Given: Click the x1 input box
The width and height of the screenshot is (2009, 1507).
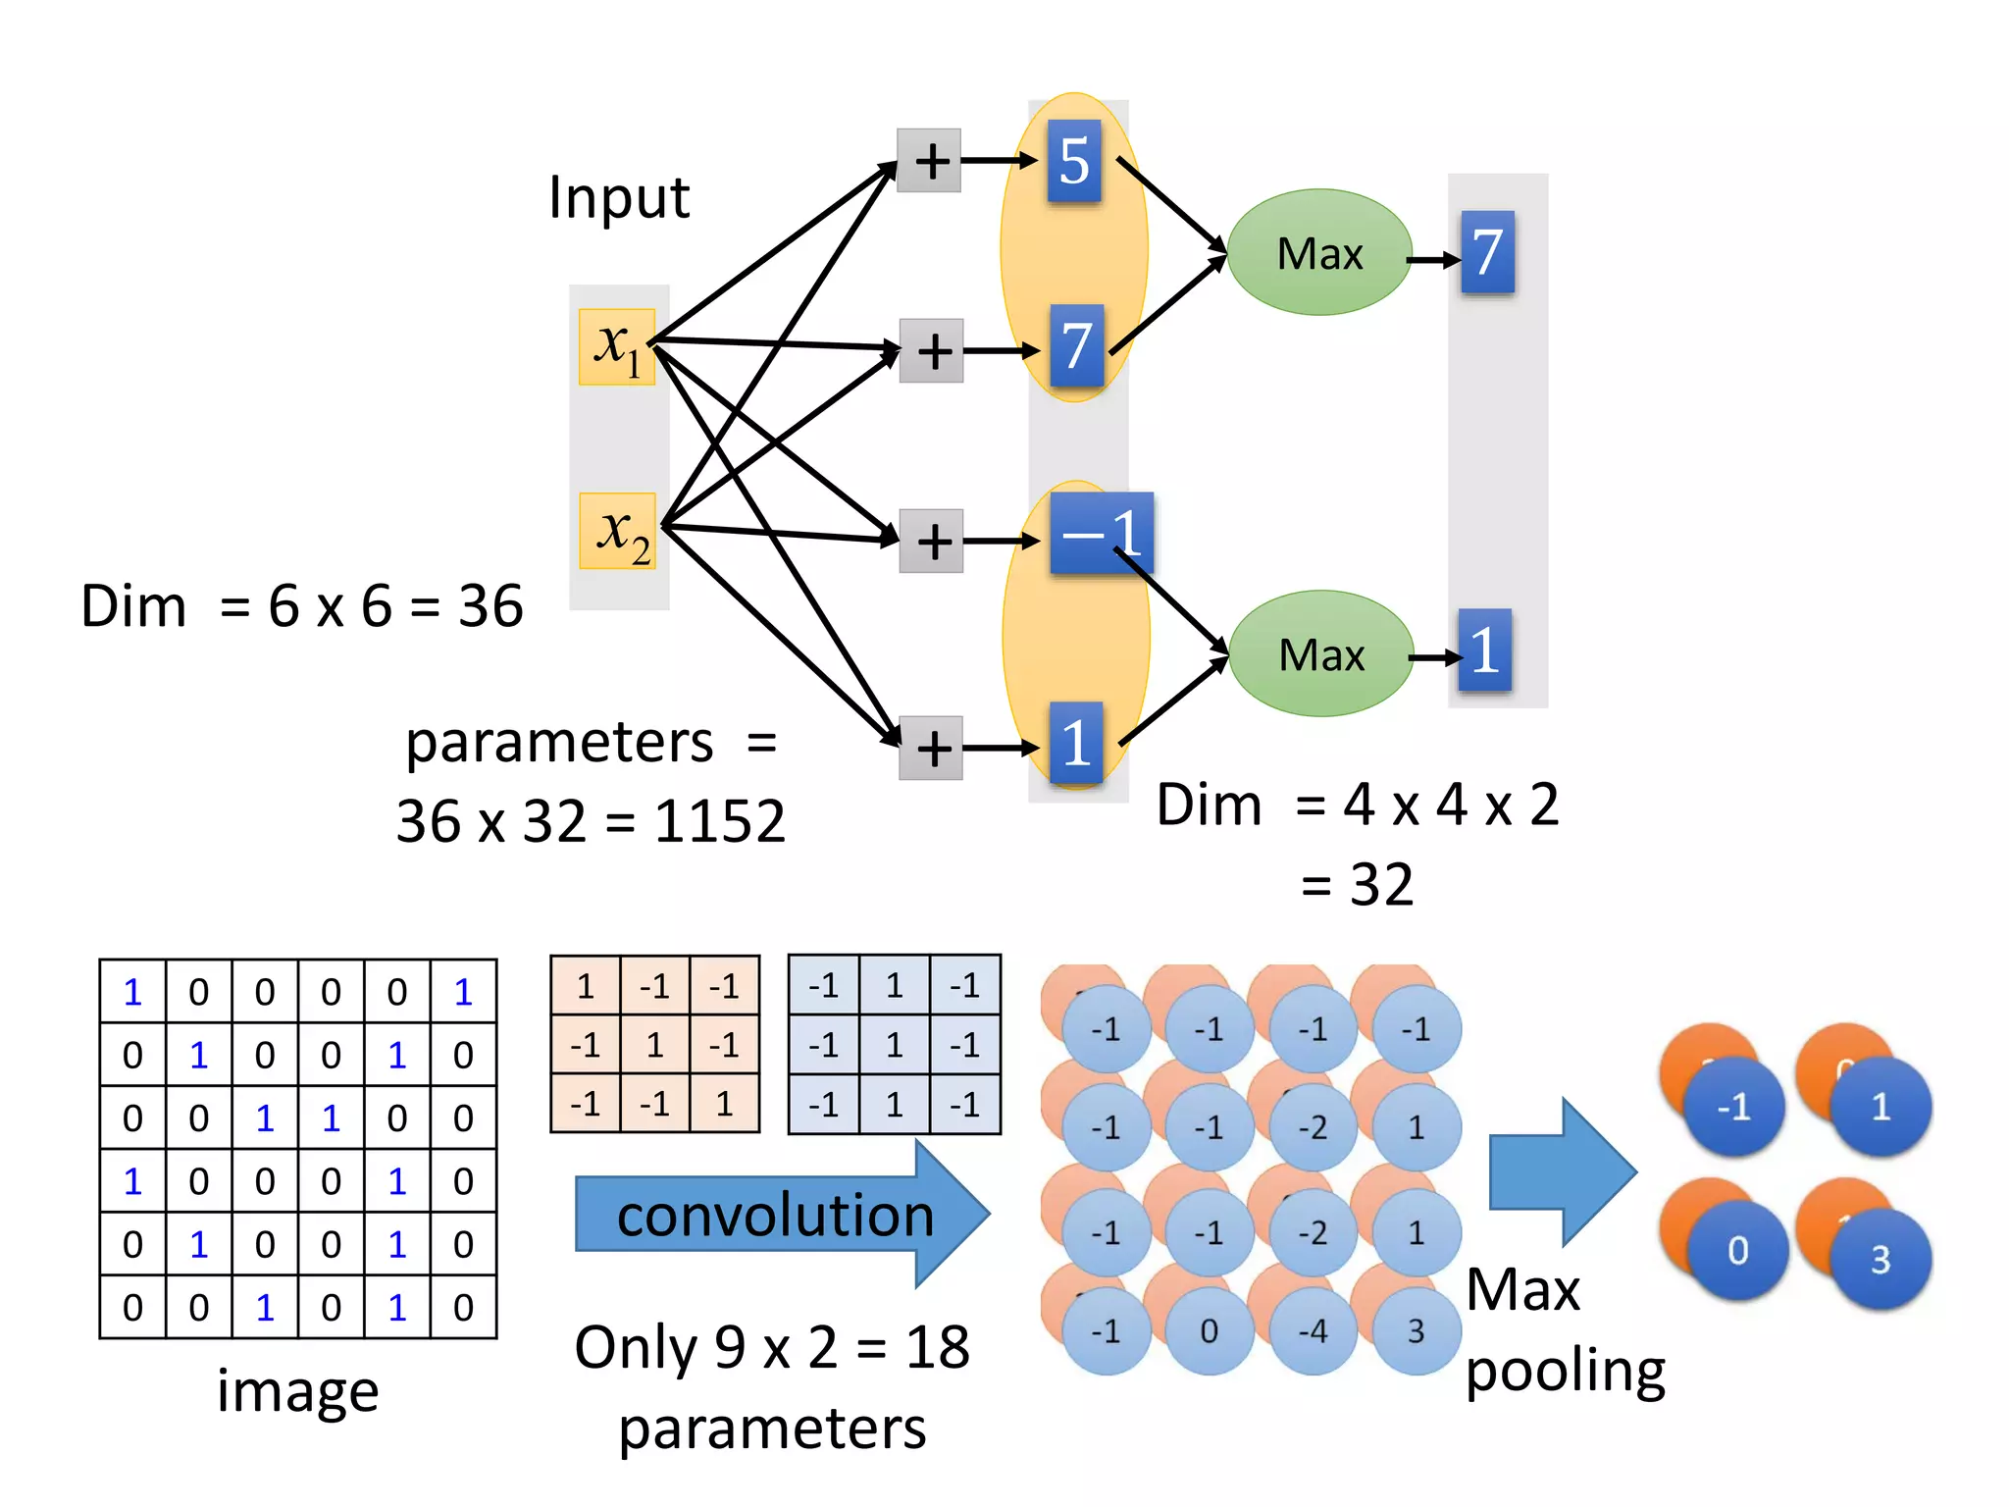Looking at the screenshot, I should tap(616, 346).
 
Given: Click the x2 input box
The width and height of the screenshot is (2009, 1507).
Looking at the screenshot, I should tap(617, 531).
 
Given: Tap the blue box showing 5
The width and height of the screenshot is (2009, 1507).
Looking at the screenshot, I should tap(1074, 161).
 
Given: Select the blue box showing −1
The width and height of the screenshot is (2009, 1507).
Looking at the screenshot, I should tap(1101, 533).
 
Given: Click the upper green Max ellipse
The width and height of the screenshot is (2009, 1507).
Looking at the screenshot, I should tap(1319, 253).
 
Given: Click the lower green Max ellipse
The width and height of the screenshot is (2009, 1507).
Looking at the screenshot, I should tap(1321, 654).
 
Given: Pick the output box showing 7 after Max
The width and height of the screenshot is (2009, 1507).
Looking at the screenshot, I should tap(1487, 253).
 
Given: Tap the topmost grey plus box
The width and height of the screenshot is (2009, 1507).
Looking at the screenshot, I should tap(929, 161).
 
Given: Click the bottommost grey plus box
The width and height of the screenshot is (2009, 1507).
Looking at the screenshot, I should tap(931, 749).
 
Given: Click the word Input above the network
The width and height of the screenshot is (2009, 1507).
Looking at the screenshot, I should tap(619, 198).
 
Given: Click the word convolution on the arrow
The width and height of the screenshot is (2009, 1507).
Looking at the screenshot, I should tap(775, 1216).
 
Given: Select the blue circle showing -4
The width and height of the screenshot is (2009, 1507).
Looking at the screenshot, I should tap(1314, 1331).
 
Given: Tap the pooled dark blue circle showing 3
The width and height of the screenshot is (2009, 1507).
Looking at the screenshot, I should tap(1880, 1260).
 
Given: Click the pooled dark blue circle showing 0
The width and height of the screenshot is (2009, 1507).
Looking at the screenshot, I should tap(1737, 1251).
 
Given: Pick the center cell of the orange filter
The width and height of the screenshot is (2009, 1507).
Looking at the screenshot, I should tap(655, 1045).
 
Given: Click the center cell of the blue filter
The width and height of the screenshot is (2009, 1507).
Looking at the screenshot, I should tap(894, 1045).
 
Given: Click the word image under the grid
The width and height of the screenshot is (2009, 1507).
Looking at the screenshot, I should tap(297, 1391).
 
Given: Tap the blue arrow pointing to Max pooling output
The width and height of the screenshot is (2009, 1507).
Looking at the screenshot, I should tap(1561, 1171).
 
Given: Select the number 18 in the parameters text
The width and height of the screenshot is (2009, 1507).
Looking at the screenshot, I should tap(937, 1347).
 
